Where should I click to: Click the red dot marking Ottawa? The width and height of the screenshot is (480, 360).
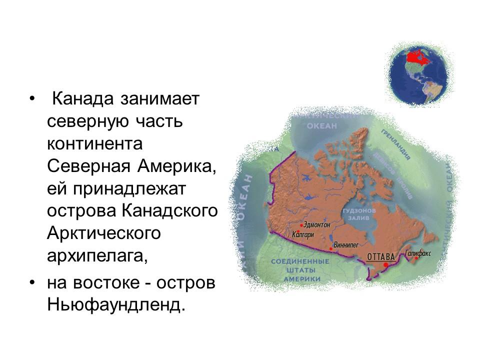[x=386, y=265]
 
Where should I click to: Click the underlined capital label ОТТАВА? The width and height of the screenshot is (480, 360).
[x=381, y=257]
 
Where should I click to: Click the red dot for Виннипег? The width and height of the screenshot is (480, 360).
[x=331, y=248]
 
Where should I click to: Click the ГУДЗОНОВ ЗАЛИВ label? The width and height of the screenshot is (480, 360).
[x=357, y=214]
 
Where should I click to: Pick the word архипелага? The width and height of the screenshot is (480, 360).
[x=98, y=255]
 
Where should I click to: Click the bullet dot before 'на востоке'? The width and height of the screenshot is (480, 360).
[x=32, y=282]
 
